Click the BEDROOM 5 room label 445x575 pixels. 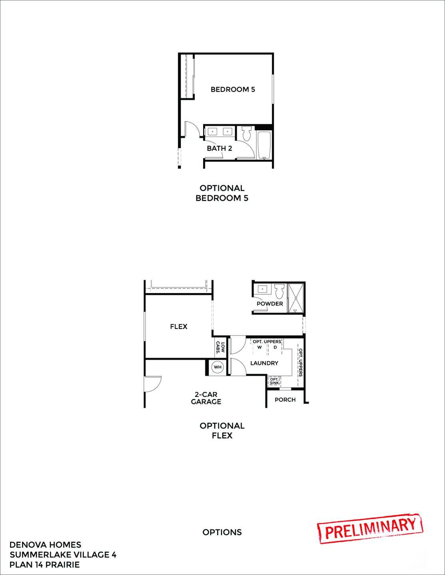(x=233, y=89)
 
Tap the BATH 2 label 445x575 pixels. (x=220, y=148)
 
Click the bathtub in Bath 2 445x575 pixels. (x=263, y=144)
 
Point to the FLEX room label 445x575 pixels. (x=178, y=327)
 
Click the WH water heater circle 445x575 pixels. (x=218, y=367)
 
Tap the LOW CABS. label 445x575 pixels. (x=220, y=347)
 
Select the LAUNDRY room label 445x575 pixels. (x=264, y=363)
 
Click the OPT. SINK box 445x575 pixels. (x=274, y=381)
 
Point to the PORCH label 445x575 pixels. (x=285, y=400)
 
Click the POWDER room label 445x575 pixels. (x=269, y=304)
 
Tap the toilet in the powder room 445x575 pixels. (x=279, y=290)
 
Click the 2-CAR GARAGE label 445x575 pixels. (x=206, y=398)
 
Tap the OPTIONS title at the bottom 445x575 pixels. (x=222, y=532)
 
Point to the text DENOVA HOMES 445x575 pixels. (x=45, y=545)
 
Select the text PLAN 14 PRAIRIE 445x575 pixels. (x=44, y=565)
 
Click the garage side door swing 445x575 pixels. (x=153, y=383)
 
